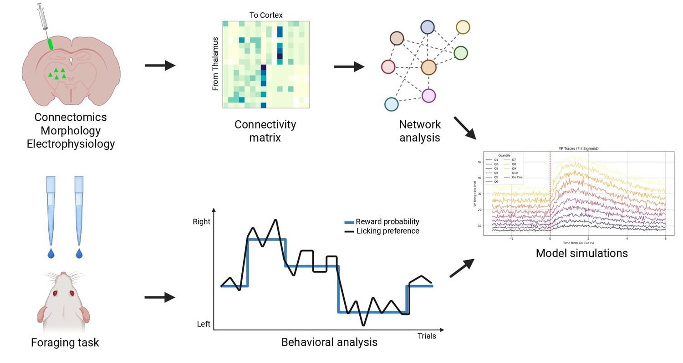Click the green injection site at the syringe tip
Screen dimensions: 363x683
[50, 44]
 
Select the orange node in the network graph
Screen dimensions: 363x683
[428, 67]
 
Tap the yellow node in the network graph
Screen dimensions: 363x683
[463, 27]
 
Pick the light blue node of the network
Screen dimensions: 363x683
[391, 104]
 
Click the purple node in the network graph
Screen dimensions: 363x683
[428, 96]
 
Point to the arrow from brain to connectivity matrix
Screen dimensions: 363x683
[160, 66]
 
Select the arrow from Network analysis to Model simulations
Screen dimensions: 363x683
[464, 128]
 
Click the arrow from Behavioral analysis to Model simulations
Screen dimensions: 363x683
[462, 268]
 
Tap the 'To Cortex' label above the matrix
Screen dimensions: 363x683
[266, 15]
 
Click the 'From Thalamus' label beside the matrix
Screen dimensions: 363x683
[215, 64]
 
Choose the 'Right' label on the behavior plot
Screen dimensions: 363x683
[202, 222]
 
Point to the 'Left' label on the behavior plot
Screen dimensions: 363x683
[204, 324]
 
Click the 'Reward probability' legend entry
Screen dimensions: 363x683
[387, 222]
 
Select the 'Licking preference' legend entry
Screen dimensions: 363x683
[387, 231]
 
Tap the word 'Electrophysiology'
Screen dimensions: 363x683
[71, 144]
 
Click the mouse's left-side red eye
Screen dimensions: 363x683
[55, 293]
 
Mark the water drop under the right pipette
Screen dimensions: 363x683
[79, 253]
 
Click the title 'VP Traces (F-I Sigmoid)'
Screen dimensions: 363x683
[578, 148]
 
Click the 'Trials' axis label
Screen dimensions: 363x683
[427, 336]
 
